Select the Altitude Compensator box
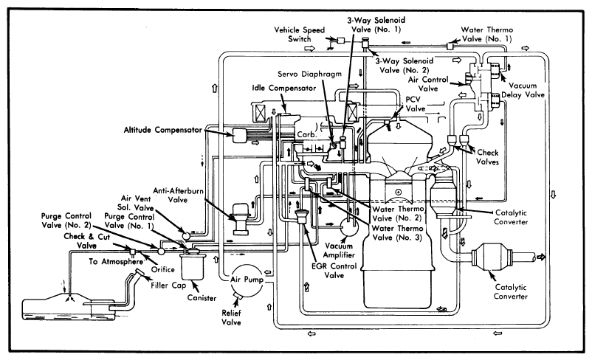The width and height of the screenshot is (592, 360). (239, 135)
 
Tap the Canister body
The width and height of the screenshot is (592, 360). (193, 266)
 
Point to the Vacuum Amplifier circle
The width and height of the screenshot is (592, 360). (349, 226)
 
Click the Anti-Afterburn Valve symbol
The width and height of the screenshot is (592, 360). (240, 219)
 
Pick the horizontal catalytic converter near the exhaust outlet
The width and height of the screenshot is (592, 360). (491, 257)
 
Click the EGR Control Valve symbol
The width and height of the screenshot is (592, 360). (302, 218)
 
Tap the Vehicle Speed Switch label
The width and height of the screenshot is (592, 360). (300, 35)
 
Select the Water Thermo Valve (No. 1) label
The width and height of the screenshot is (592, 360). (486, 35)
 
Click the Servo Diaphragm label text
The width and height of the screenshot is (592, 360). (309, 74)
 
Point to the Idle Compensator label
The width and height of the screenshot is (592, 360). (284, 89)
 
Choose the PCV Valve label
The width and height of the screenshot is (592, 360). (416, 104)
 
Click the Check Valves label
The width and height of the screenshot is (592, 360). (487, 157)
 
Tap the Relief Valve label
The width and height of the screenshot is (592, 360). (231, 317)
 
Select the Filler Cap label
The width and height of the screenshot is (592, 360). (168, 285)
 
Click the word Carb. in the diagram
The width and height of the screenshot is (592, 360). (306, 135)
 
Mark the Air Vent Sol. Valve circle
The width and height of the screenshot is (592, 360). (186, 235)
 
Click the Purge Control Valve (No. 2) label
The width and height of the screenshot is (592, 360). (66, 221)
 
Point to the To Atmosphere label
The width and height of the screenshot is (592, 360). (117, 261)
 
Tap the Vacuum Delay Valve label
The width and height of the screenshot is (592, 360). (523, 90)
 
